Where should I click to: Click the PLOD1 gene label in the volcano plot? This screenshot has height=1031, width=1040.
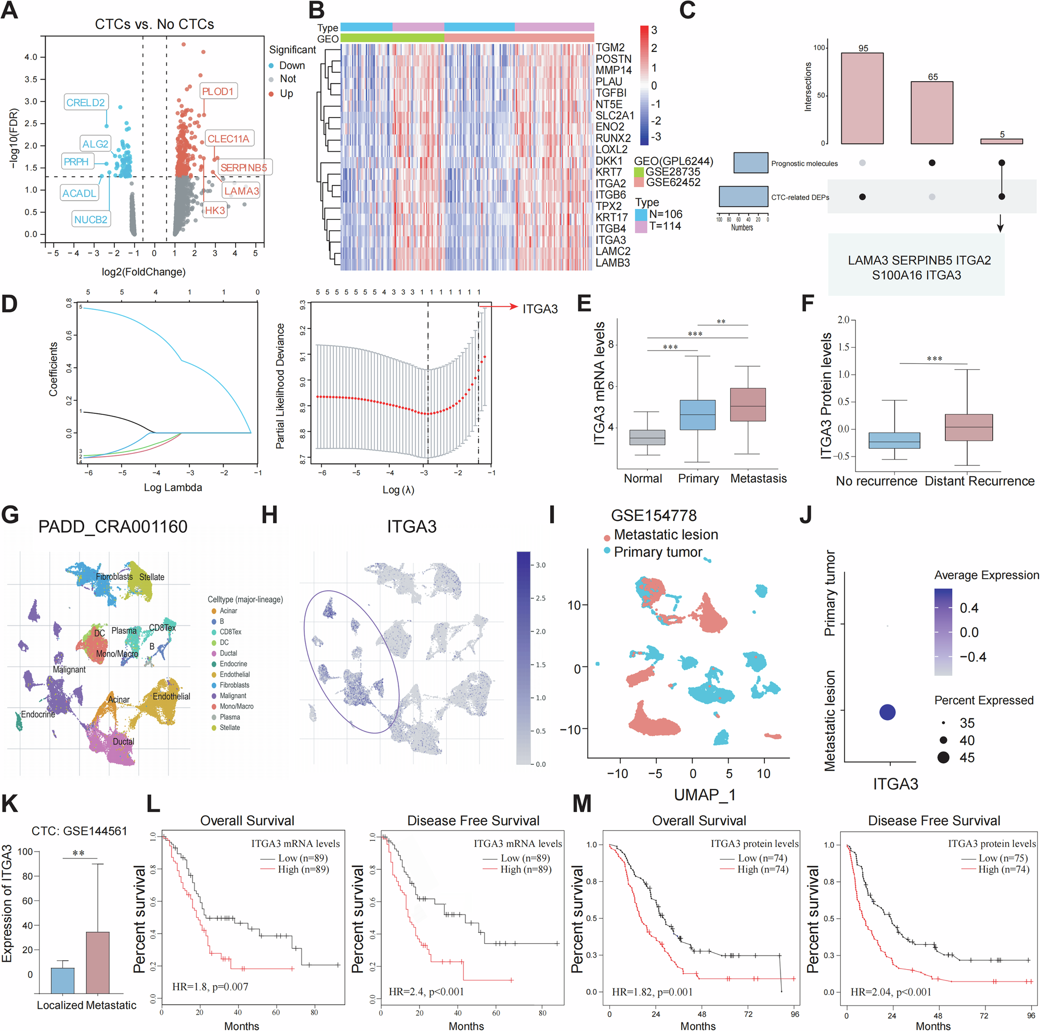217,92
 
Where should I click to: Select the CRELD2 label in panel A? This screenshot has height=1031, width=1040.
85,102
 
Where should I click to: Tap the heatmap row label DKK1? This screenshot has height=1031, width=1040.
608,161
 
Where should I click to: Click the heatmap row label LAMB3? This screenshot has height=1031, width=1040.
612,263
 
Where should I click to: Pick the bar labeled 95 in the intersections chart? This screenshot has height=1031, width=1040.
862,98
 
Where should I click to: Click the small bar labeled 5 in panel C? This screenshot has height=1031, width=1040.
1000,141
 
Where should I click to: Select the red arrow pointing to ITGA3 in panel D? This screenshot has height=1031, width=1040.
498,307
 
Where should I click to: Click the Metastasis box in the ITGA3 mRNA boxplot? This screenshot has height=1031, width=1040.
748,404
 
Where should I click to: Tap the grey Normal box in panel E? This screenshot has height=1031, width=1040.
647,437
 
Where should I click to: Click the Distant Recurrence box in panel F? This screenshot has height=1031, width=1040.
968,427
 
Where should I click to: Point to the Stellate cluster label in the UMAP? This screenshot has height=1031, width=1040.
151,577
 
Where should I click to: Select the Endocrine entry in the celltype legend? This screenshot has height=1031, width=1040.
233,663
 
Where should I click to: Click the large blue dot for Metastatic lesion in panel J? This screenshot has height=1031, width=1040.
887,712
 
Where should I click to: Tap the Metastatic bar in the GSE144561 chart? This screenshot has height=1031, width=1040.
97,962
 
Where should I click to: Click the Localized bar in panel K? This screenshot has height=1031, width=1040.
62,980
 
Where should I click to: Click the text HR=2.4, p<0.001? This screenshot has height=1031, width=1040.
426,991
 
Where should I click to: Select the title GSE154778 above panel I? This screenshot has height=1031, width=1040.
653,516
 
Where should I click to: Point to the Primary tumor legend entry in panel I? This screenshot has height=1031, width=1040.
657,552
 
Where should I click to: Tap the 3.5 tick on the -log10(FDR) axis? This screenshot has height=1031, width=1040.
31,79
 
